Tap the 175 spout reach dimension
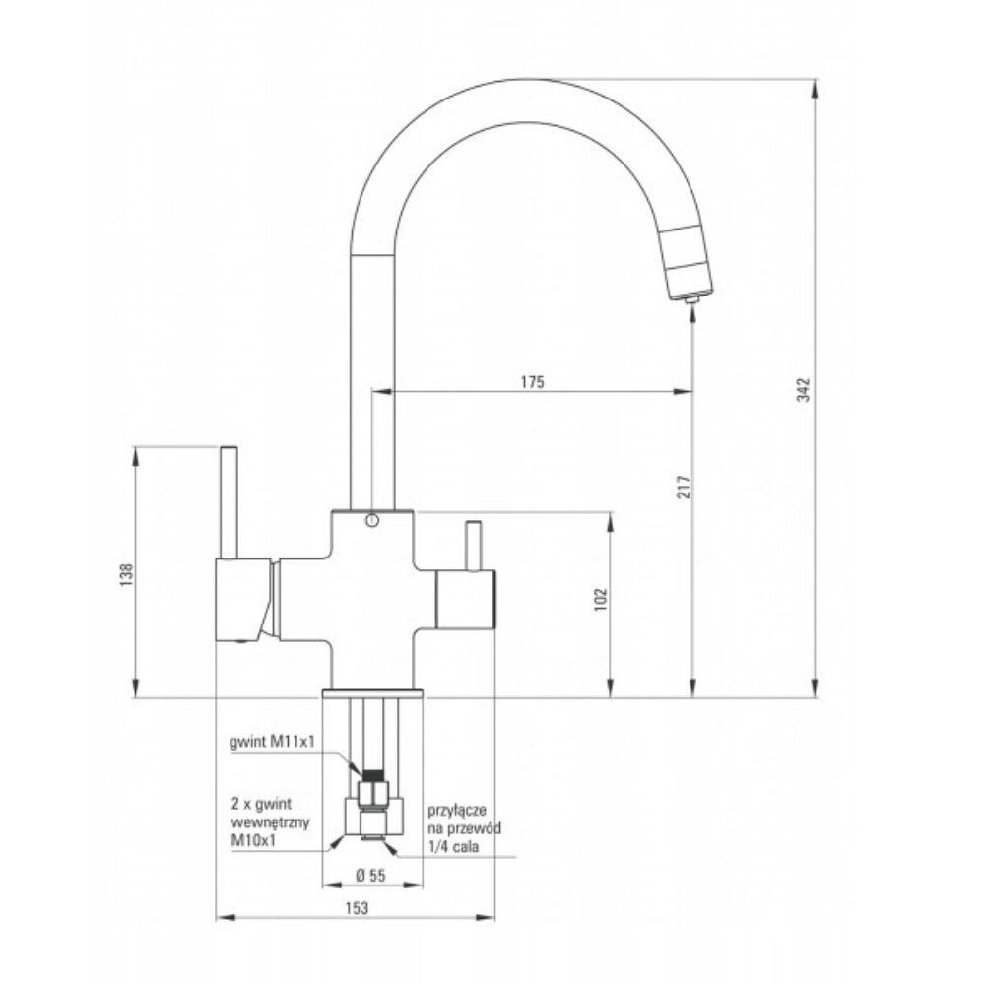(x=532, y=381)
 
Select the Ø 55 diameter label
(x=369, y=875)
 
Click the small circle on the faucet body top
(x=370, y=521)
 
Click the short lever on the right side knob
(x=474, y=545)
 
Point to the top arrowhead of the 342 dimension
(x=814, y=88)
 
